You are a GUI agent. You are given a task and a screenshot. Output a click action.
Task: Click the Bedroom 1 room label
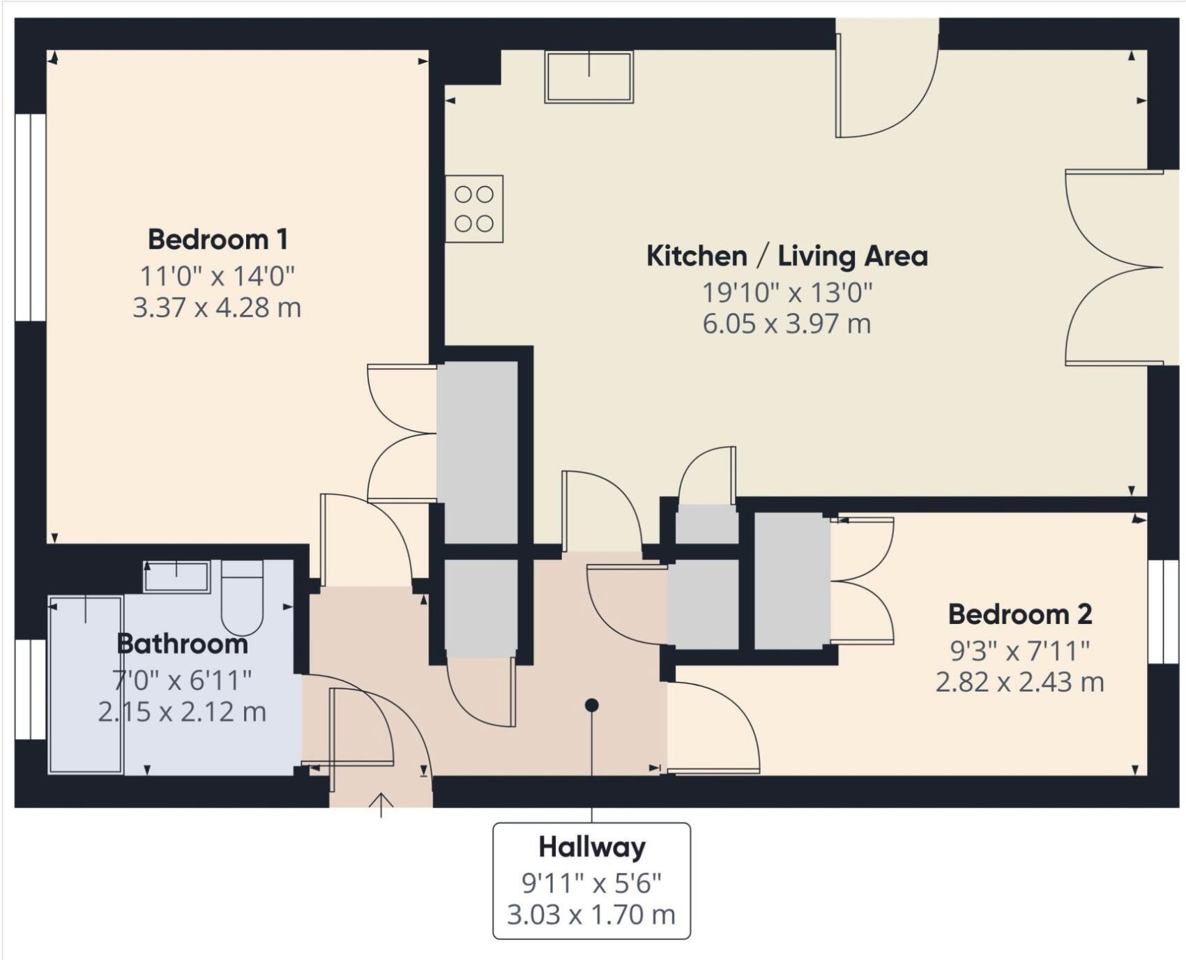click(x=218, y=240)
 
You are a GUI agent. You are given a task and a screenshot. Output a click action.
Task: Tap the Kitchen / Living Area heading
click(x=786, y=256)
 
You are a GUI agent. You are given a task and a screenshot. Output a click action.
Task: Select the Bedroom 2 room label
click(x=1019, y=614)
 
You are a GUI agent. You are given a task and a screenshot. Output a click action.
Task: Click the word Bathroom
click(x=182, y=643)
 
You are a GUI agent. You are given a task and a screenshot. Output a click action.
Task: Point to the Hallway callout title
click(x=592, y=847)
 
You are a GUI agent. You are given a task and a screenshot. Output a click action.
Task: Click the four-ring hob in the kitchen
click(x=474, y=208)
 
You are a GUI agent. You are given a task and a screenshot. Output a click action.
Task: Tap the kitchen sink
click(x=589, y=77)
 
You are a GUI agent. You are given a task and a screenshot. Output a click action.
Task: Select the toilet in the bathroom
click(x=242, y=598)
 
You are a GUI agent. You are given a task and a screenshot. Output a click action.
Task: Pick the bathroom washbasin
click(x=176, y=577)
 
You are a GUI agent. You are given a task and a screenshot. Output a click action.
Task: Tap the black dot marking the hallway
click(x=591, y=706)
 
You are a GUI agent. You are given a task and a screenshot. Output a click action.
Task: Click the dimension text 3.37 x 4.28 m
click(x=217, y=307)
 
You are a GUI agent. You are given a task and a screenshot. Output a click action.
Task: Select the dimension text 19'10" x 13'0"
click(x=786, y=293)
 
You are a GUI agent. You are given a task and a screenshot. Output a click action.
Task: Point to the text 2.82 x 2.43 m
click(x=1019, y=682)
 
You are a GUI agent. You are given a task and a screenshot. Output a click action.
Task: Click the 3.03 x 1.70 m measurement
click(x=591, y=914)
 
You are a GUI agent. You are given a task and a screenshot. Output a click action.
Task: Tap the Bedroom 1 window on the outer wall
click(x=30, y=218)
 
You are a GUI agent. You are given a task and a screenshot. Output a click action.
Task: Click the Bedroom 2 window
click(x=1162, y=612)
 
